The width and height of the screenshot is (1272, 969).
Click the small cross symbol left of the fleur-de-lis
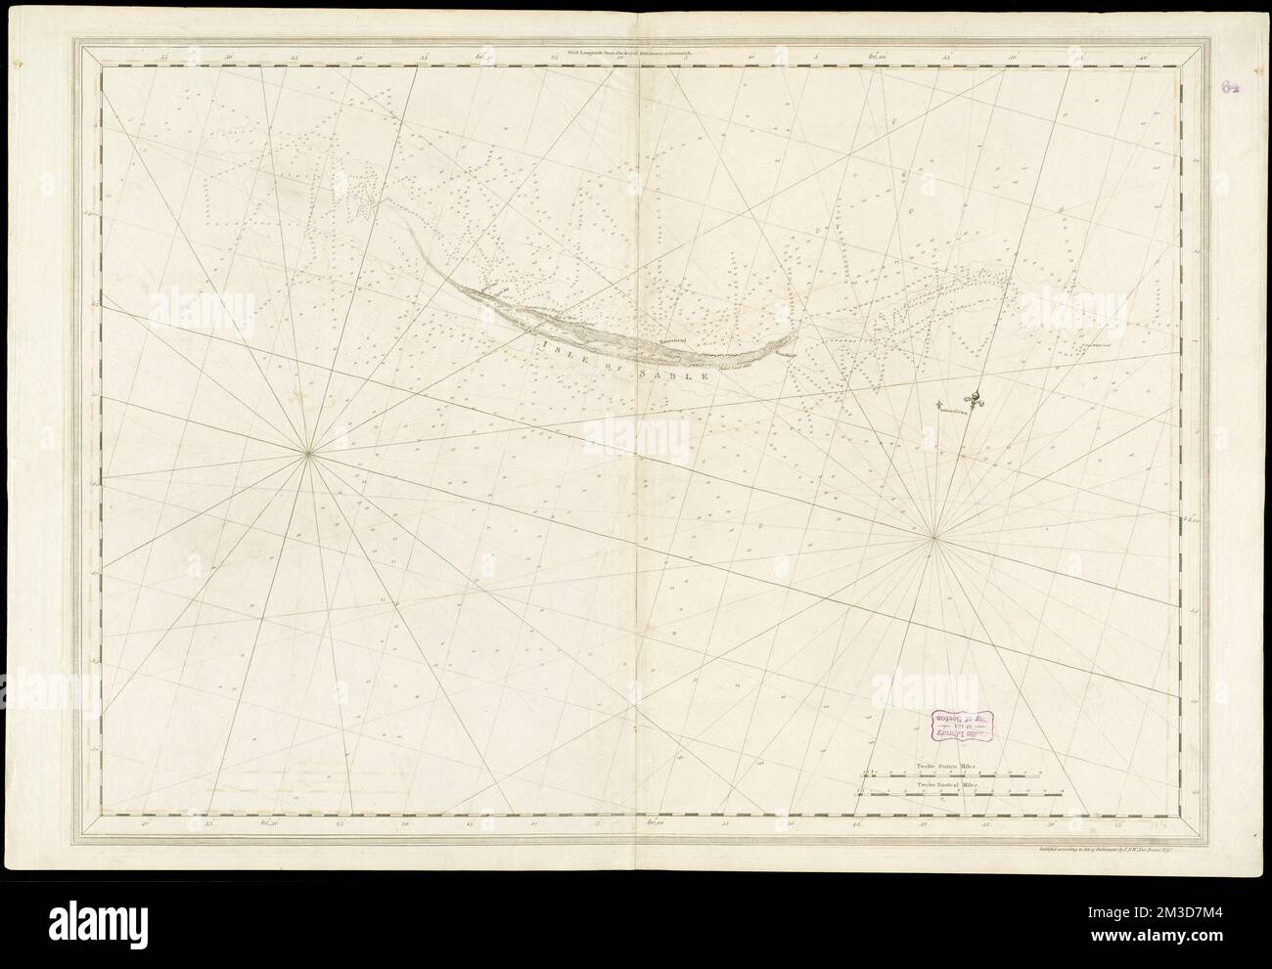(x=938, y=404)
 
